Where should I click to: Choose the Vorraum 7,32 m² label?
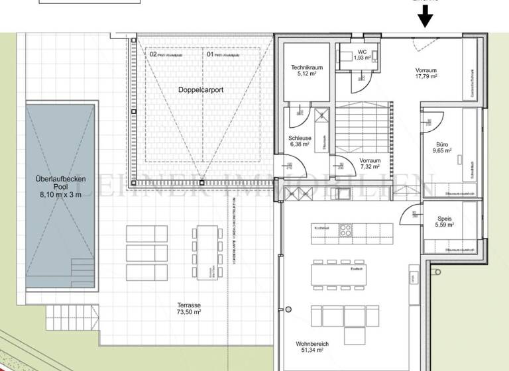click(370, 163)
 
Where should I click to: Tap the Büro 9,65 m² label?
click(442, 147)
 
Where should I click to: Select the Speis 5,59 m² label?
click(444, 222)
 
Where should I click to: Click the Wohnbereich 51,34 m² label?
click(312, 347)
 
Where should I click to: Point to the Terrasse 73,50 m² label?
click(189, 308)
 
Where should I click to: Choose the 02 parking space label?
click(153, 55)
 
